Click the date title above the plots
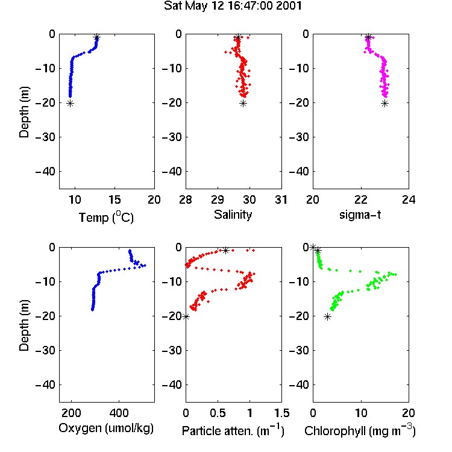(x=233, y=6)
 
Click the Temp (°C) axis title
(x=106, y=217)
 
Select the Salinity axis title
(x=233, y=215)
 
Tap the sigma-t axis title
(x=360, y=215)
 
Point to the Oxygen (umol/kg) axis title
(x=106, y=428)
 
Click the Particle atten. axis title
(x=233, y=431)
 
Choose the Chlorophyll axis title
(x=360, y=431)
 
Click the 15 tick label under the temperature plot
(x=115, y=199)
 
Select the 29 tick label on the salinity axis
(x=218, y=199)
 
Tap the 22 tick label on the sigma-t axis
(x=360, y=199)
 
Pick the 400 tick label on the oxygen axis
(x=119, y=413)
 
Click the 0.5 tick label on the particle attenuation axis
(x=218, y=413)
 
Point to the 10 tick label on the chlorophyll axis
(x=360, y=413)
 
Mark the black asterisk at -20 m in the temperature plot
(x=70, y=104)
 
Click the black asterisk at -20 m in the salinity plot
(x=243, y=104)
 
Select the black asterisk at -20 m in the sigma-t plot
(x=385, y=104)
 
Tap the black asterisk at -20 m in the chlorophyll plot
(x=327, y=317)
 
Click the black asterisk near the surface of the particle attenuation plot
(x=226, y=250)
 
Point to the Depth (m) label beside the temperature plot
(x=24, y=112)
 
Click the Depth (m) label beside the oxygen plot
(x=24, y=325)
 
